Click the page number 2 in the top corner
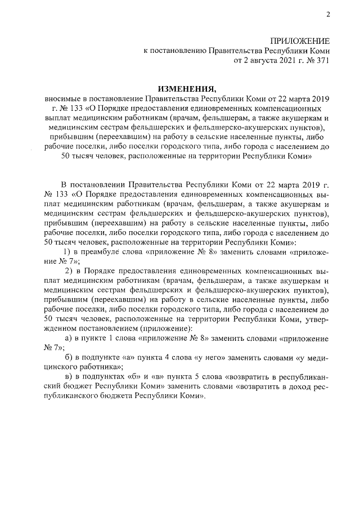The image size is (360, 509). pos(327,15)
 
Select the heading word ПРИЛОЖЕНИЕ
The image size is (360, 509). pos(300,41)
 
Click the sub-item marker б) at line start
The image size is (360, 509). pos(69,359)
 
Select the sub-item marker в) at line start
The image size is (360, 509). pos(69,381)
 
